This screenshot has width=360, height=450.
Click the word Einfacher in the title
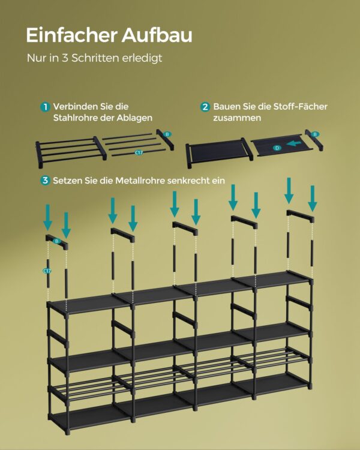[71, 35]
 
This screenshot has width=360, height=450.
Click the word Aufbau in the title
[157, 35]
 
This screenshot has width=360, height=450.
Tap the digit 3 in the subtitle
[65, 58]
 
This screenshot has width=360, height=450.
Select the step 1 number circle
[45, 107]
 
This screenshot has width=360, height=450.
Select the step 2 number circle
[205, 107]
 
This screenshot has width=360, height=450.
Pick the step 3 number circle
[45, 181]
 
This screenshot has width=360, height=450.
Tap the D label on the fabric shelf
[277, 148]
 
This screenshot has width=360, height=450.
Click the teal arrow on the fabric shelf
[293, 143]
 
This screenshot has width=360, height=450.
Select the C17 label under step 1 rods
[139, 152]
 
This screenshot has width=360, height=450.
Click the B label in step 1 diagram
[167, 134]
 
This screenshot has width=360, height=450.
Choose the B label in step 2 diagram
[315, 134]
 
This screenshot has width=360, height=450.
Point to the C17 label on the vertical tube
[47, 271]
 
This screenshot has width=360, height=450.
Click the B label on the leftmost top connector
[57, 241]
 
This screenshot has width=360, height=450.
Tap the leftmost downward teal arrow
[47, 217]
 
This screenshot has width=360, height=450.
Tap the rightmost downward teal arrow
[313, 199]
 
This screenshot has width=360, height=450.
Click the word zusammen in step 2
[237, 118]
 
